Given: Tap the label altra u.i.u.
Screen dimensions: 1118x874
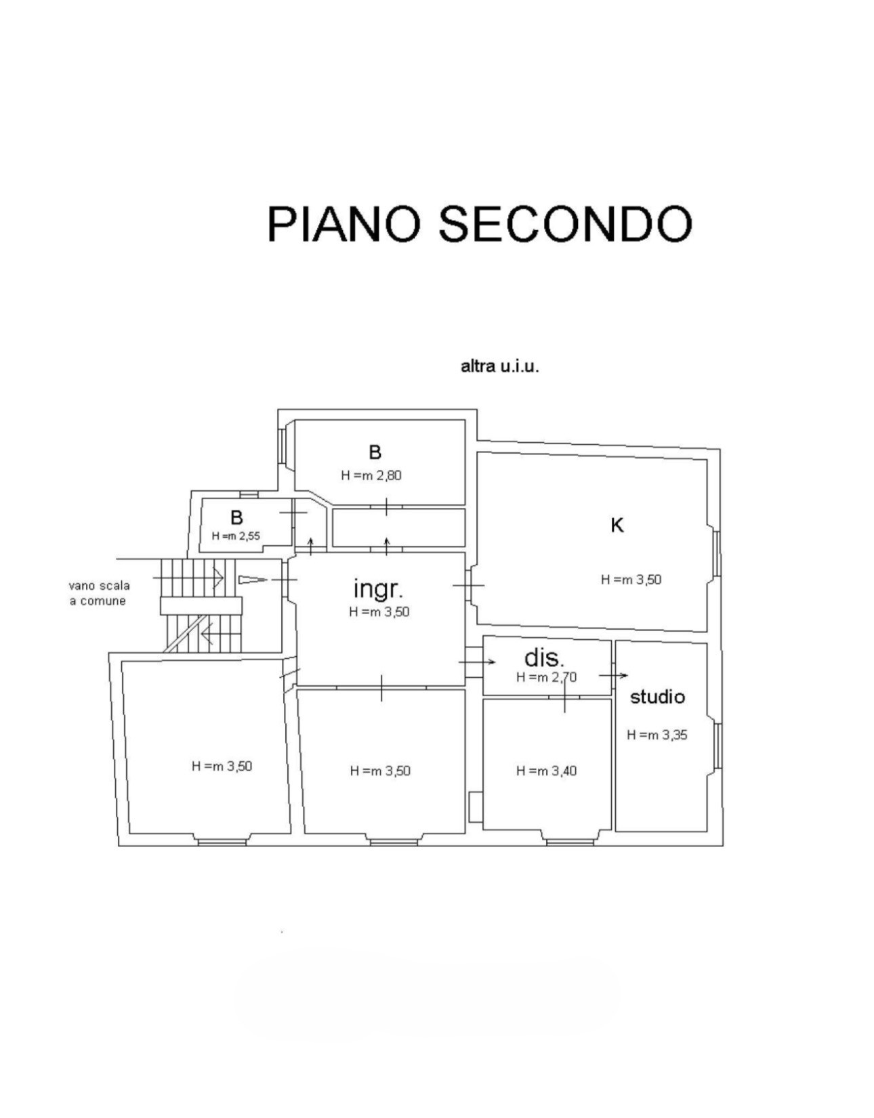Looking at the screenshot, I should [x=499, y=367].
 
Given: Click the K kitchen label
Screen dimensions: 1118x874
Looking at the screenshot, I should [x=617, y=525].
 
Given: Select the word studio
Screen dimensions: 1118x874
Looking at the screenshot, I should [x=657, y=697].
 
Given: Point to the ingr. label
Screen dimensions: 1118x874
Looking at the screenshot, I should [x=378, y=588].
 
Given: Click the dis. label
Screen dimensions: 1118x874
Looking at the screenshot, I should [x=544, y=658].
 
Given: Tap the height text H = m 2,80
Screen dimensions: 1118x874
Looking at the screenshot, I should [x=371, y=475].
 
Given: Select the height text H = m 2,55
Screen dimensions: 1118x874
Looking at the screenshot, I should [x=236, y=536].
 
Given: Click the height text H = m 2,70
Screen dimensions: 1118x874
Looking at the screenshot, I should [x=546, y=677].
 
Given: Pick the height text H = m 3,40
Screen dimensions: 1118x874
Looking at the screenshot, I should [x=546, y=771].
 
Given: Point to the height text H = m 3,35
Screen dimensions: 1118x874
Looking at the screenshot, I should [x=657, y=735].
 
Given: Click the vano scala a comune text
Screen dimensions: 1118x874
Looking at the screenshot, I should [x=99, y=593].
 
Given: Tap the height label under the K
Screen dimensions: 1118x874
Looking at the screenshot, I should [x=631, y=580].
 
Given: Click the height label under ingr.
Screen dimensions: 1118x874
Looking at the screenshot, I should [x=379, y=612].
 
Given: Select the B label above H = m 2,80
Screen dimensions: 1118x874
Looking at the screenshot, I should [x=375, y=452].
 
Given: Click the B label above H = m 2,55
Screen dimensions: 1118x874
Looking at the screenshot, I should [x=236, y=518].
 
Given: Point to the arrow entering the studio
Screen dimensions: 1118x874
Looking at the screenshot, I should [x=614, y=675].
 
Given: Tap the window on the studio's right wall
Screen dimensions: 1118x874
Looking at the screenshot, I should [x=717, y=746].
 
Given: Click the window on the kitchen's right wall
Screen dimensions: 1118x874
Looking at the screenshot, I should [x=716, y=554].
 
